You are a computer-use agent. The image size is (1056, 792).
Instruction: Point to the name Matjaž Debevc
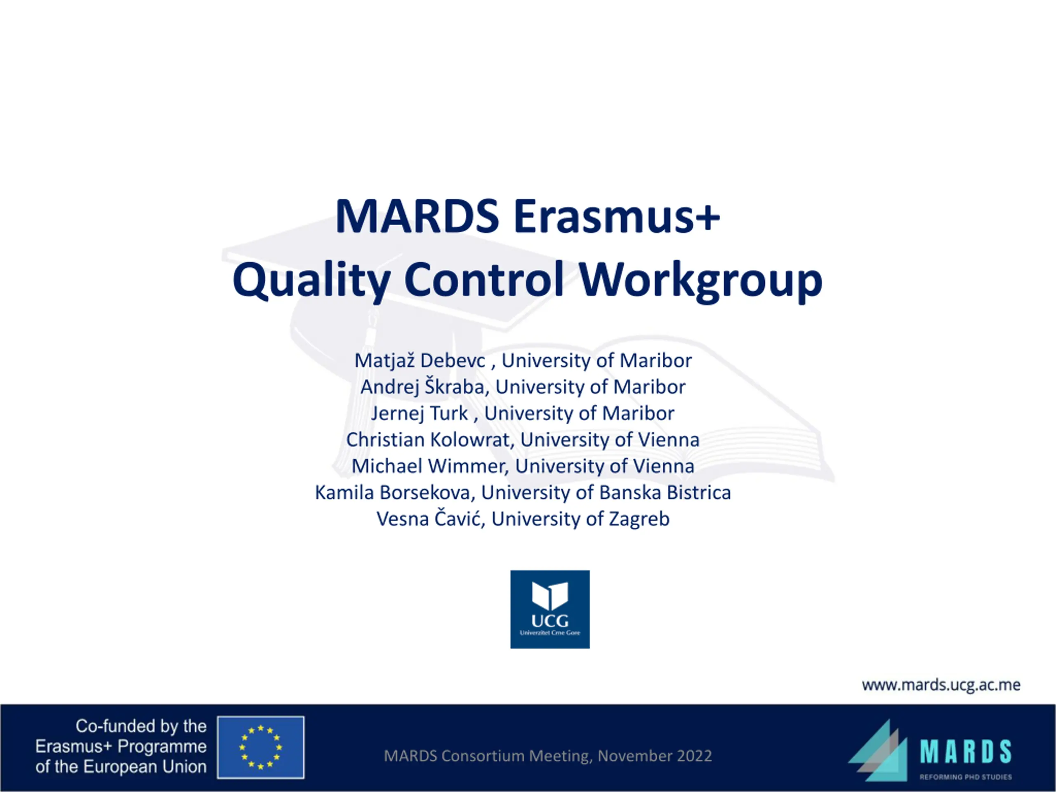point(420,361)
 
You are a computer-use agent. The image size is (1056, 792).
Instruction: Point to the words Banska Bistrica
point(665,493)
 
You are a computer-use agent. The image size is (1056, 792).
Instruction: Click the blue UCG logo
point(550,609)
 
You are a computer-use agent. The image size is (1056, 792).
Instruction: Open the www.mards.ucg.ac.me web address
point(941,685)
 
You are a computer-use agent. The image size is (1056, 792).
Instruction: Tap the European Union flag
point(261,747)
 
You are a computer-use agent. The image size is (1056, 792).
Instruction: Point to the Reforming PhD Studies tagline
point(966,777)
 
